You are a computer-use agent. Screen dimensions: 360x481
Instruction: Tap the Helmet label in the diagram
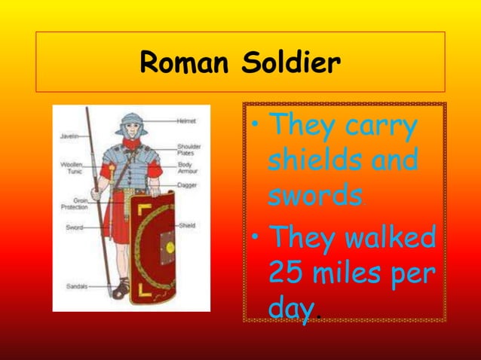[186, 121]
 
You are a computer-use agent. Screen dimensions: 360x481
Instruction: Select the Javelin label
[69, 136]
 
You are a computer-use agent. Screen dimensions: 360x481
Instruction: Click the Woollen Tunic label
[71, 168]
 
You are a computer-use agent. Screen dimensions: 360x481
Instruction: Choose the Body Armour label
[188, 169]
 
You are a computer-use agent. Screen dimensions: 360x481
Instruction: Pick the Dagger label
[187, 185]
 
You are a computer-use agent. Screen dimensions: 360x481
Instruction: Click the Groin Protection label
[72, 203]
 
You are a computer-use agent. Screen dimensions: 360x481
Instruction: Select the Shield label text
[186, 225]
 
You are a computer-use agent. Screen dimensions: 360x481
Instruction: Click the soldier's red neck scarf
[133, 144]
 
